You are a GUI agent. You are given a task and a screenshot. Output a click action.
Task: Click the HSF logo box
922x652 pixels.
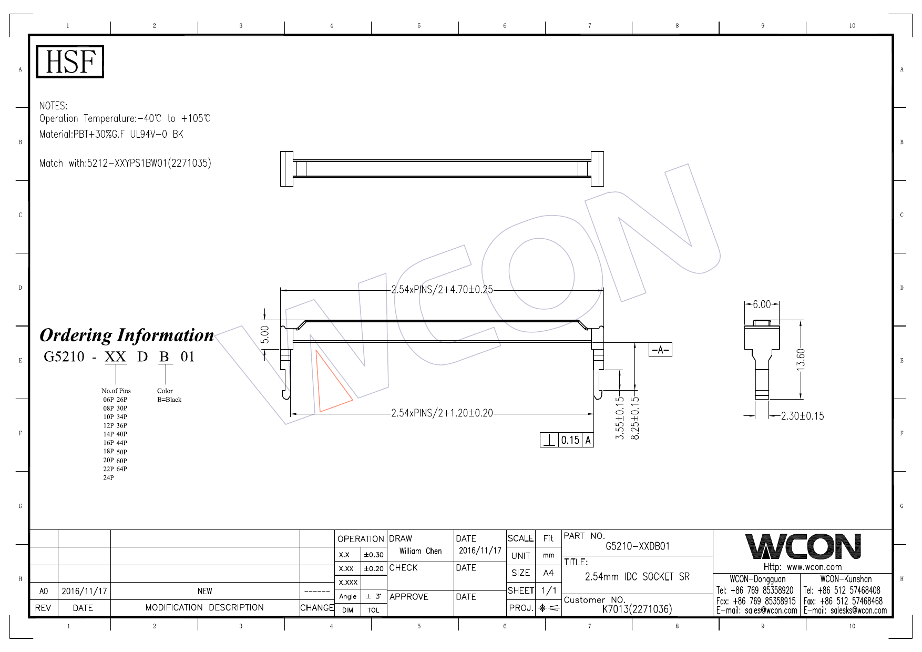[x=70, y=62]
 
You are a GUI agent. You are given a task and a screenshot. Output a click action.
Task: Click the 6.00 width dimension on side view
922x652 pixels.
[x=762, y=304]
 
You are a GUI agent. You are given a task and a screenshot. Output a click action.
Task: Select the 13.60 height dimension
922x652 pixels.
[x=801, y=360]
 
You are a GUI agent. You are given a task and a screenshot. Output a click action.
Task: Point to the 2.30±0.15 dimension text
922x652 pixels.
[x=802, y=416]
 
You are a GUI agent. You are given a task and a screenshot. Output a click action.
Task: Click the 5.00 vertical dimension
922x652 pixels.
[x=265, y=334]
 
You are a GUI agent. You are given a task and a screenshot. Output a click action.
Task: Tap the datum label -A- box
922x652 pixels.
[x=661, y=350]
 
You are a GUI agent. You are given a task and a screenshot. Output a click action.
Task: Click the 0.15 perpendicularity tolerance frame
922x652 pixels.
[x=567, y=440]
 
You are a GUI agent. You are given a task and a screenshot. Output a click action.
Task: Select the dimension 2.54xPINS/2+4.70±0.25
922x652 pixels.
[x=442, y=290]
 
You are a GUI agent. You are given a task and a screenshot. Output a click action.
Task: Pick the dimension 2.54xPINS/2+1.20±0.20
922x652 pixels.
[x=442, y=413]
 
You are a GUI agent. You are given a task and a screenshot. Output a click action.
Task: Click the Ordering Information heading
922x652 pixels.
[x=127, y=335]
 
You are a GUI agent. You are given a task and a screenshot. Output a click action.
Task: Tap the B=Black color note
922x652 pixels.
[x=169, y=400]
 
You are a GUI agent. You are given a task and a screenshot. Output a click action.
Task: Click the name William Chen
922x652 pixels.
[x=420, y=551]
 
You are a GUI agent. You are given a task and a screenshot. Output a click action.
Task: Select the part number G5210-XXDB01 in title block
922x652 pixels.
[x=638, y=546]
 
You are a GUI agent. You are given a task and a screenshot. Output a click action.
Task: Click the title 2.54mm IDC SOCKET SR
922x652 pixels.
[x=637, y=577]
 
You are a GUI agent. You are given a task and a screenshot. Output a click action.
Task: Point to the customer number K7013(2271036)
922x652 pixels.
[x=637, y=609]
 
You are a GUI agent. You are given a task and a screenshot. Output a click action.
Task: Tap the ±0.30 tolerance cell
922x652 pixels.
[x=374, y=555]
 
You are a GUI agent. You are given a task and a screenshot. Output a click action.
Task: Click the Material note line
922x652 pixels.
[x=111, y=135]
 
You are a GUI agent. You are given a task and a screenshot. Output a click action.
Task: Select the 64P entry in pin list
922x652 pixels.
[x=121, y=469]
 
